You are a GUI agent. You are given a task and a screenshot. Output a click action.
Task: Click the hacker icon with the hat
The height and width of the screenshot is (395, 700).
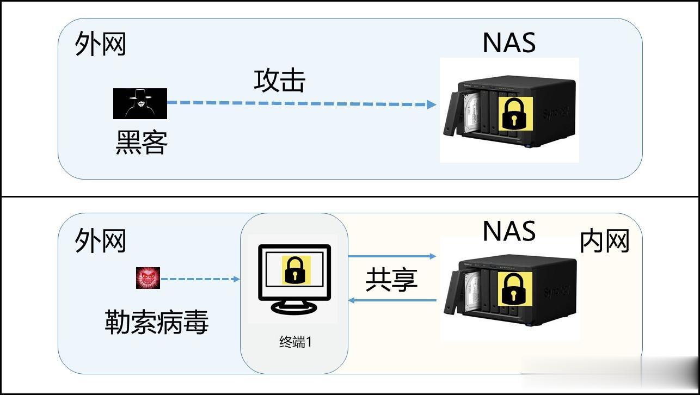[140, 103]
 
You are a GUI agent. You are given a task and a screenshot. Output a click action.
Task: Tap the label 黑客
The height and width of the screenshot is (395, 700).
[142, 143]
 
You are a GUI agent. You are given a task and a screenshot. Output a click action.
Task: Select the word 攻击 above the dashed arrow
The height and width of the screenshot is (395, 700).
[280, 80]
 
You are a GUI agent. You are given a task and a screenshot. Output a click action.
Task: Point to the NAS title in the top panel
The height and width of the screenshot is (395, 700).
[509, 43]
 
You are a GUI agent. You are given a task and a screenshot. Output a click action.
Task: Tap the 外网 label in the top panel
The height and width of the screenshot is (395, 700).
[100, 44]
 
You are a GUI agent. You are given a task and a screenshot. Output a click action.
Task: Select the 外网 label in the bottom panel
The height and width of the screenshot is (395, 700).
[100, 240]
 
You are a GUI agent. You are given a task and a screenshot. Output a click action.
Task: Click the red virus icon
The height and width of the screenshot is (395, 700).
[148, 278]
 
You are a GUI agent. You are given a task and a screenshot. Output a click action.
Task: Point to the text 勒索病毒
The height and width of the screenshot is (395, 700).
[157, 322]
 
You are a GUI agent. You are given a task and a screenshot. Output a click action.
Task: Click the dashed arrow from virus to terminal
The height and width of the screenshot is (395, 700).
[200, 279]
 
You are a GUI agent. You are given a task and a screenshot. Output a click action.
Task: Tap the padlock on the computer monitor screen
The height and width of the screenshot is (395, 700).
[296, 270]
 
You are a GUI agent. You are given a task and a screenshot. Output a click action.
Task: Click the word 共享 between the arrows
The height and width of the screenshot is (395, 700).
[391, 279]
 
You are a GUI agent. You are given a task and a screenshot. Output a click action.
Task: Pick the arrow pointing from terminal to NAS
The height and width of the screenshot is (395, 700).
[392, 256]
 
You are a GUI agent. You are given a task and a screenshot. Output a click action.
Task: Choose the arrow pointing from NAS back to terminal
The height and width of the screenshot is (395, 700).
[392, 300]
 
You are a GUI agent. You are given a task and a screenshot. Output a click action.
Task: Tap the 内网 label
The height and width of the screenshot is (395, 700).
[604, 241]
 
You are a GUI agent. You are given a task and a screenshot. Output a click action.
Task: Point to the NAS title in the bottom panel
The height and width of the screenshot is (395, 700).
[509, 231]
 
